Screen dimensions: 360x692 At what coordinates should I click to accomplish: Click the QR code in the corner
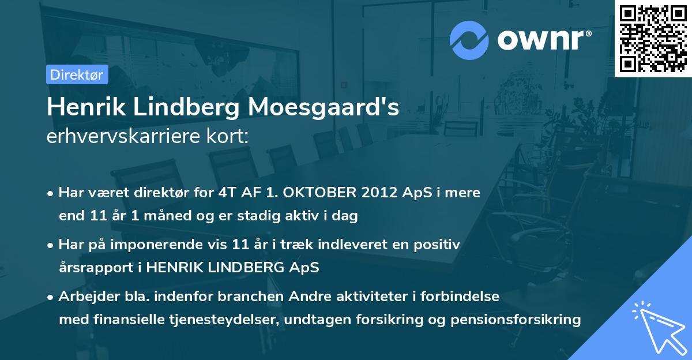653,38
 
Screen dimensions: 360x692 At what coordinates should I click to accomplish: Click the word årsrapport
93,268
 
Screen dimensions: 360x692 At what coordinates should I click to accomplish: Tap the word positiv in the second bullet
439,245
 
